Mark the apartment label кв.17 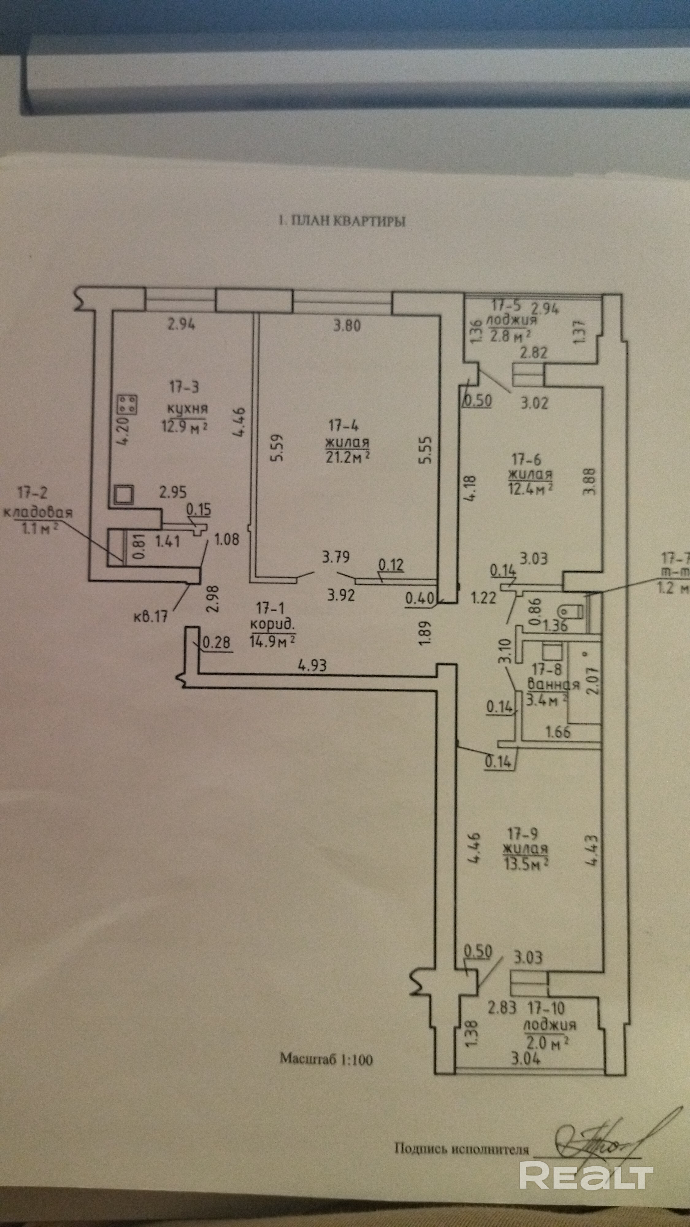click(151, 616)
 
